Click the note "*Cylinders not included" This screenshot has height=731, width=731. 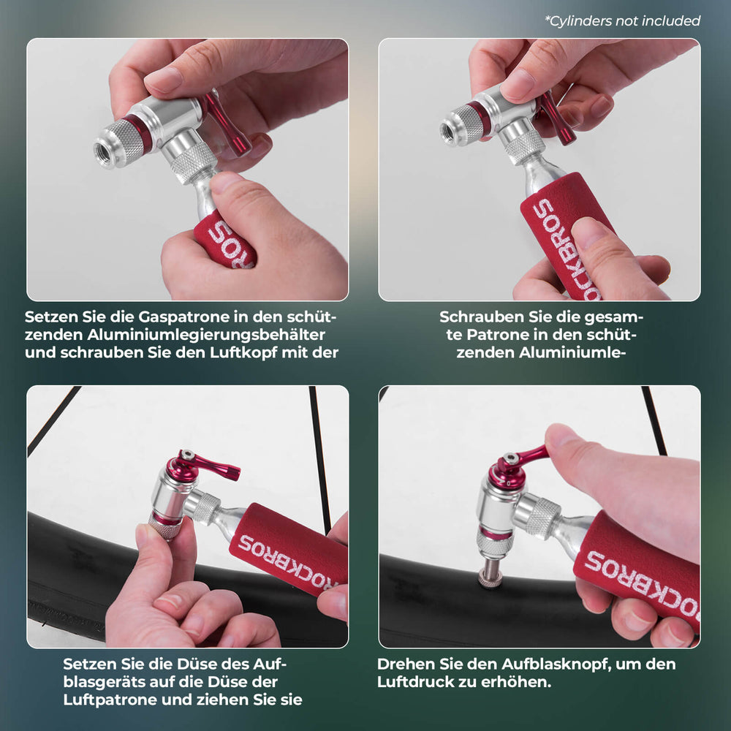click(x=622, y=21)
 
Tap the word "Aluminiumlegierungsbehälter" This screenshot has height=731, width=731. click(x=206, y=335)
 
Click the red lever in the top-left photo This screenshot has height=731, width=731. click(x=227, y=121)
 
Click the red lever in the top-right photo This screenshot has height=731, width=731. click(x=558, y=116)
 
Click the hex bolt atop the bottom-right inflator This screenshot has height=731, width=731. click(x=512, y=458)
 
